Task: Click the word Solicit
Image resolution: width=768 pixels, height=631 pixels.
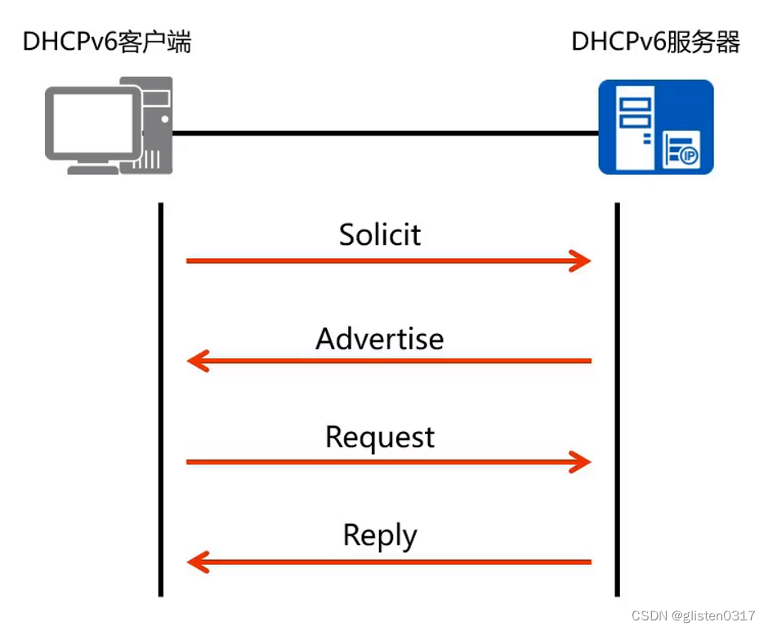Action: click(380, 235)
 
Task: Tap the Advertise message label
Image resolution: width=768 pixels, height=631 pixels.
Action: click(380, 338)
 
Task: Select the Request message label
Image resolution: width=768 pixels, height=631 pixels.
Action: click(380, 438)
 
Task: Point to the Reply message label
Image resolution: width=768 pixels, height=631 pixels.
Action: click(380, 536)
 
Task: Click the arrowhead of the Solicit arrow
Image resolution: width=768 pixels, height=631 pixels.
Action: click(582, 261)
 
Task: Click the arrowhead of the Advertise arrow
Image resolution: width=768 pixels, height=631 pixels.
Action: click(197, 361)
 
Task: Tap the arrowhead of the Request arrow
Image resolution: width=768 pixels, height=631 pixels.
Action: click(582, 462)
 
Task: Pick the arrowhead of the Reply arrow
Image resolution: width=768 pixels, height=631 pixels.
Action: click(197, 562)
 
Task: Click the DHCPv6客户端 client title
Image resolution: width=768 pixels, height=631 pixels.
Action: click(106, 42)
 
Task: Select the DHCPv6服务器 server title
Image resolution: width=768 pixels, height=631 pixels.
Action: click(655, 42)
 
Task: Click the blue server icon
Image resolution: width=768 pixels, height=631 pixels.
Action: click(655, 127)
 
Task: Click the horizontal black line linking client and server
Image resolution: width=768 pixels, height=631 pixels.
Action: click(384, 133)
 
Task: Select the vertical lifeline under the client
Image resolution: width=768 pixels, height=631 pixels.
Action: click(162, 400)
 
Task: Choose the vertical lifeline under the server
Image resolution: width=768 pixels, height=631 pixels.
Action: click(617, 400)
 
